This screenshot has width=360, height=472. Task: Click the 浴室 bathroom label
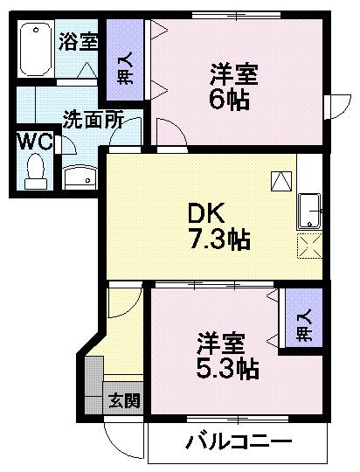click(79, 42)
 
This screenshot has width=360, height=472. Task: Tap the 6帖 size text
click(229, 98)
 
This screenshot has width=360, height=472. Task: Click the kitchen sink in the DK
click(310, 210)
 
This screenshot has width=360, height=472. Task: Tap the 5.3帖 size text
click(225, 368)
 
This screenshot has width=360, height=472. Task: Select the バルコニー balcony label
click(237, 441)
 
